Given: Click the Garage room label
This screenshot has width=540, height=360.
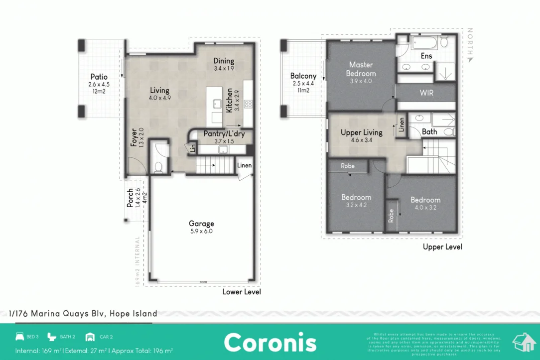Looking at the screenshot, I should [x=201, y=224].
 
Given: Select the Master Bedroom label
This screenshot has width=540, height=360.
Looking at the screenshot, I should [x=361, y=69].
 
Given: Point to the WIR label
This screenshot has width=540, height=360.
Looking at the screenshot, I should [x=426, y=92].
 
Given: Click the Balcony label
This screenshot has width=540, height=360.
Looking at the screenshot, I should [x=303, y=76].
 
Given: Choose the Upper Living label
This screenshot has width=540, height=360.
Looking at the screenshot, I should [x=361, y=132].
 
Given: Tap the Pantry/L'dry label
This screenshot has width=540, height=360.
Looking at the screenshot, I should [x=224, y=134].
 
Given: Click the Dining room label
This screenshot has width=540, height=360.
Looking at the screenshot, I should [x=224, y=61].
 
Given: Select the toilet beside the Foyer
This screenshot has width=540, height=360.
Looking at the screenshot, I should [x=159, y=166].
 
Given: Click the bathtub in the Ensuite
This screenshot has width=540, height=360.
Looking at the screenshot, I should [x=425, y=42].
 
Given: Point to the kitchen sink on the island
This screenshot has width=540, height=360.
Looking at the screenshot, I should [x=217, y=104].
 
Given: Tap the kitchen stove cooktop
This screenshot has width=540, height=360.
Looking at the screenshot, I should [x=248, y=104].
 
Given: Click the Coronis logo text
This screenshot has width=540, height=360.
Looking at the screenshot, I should [x=270, y=343].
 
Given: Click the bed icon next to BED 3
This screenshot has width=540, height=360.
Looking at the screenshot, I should [x=20, y=337].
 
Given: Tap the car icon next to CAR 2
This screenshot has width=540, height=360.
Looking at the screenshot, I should [x=90, y=337].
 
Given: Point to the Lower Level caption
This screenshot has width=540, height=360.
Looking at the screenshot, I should [x=242, y=292].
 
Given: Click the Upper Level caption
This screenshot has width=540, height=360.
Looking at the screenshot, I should [x=442, y=246].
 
